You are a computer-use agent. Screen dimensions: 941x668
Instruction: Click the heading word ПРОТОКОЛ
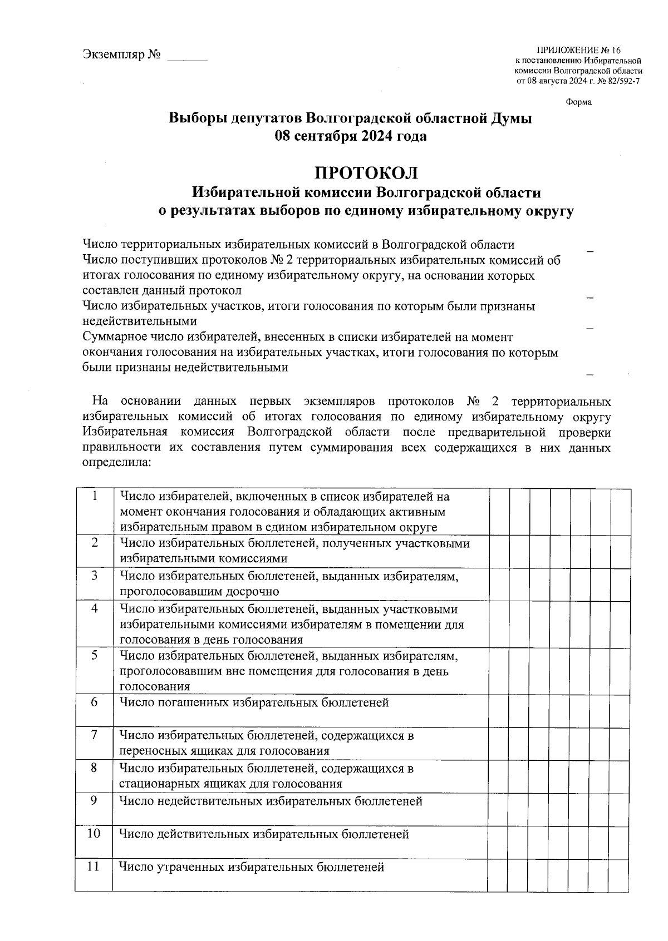366,173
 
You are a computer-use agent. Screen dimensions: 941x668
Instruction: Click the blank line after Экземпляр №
187,56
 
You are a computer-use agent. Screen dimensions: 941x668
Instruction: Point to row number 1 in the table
95,496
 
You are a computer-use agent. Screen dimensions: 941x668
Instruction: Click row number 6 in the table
95,702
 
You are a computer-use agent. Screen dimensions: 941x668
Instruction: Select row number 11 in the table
94,866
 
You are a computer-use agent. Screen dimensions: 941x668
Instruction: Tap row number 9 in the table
95,800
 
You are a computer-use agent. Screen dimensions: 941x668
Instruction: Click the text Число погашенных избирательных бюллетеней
254,702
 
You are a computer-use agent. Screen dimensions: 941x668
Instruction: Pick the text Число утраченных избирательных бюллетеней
252,866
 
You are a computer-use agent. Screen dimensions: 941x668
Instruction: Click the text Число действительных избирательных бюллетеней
264,834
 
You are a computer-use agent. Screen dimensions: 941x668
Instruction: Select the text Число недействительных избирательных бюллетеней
271,801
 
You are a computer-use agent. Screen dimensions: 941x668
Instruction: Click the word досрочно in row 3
252,591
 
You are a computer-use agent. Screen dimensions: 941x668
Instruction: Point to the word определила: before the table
116,463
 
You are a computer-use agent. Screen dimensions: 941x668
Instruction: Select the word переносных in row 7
149,751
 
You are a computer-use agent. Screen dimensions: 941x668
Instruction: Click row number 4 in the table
95,608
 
